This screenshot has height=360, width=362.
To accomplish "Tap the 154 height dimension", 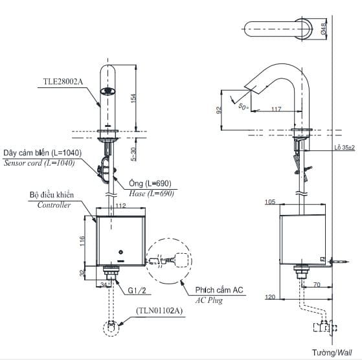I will click(133, 97).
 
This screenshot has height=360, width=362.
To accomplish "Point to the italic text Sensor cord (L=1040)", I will click(39, 163).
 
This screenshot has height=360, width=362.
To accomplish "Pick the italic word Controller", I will click(49, 205).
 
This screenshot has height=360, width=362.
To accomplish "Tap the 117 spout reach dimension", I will click(276, 109).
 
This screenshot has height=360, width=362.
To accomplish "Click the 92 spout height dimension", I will click(218, 109).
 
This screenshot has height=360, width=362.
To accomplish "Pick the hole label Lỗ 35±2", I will click(345, 148).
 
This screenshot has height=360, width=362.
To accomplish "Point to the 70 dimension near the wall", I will click(317, 284).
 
